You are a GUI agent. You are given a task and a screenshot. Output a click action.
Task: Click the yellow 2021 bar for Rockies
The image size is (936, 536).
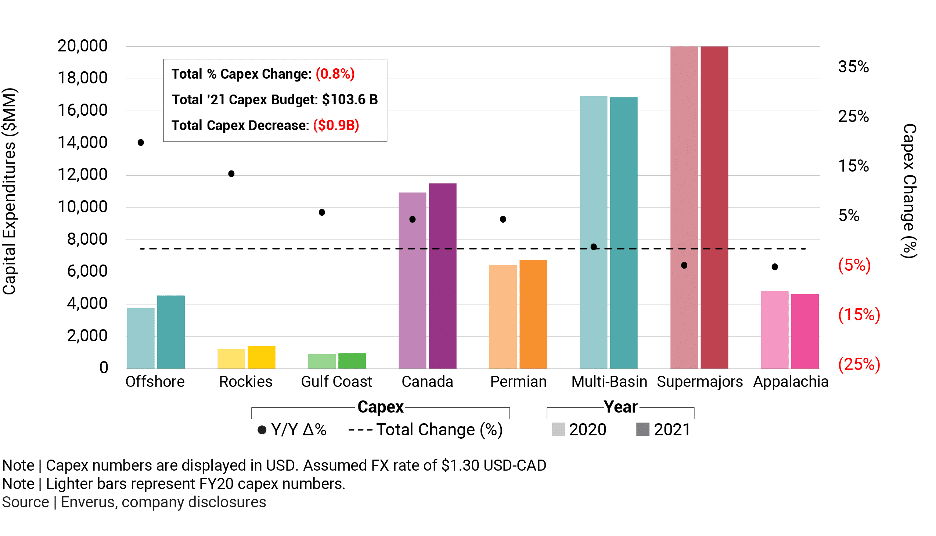261,357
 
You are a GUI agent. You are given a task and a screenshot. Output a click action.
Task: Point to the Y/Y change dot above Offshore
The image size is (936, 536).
141,143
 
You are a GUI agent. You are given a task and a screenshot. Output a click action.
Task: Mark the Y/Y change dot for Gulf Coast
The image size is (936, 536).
322,212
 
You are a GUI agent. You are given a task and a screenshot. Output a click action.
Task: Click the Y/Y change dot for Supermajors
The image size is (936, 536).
684,265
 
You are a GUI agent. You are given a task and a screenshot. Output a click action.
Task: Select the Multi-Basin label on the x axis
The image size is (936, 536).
609,382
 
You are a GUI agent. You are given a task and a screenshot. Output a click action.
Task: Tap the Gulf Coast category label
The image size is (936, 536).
336,382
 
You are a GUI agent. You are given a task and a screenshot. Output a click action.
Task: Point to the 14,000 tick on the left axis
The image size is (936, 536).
82,143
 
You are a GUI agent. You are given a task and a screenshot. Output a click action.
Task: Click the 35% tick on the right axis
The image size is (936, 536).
853,67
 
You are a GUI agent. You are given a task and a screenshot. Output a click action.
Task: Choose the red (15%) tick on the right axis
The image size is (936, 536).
859,315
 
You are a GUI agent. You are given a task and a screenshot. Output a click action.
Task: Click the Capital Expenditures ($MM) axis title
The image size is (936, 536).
10,191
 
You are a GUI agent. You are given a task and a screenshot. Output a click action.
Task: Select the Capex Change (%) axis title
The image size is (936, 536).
909,191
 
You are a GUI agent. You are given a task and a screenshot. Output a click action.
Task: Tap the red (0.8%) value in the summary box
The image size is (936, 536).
335,74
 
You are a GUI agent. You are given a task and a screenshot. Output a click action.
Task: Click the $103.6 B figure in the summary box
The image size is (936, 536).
350,100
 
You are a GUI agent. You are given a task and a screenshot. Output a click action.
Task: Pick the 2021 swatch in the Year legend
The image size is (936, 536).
642,429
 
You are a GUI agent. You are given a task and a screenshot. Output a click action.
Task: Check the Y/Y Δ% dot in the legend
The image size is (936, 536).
262,430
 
